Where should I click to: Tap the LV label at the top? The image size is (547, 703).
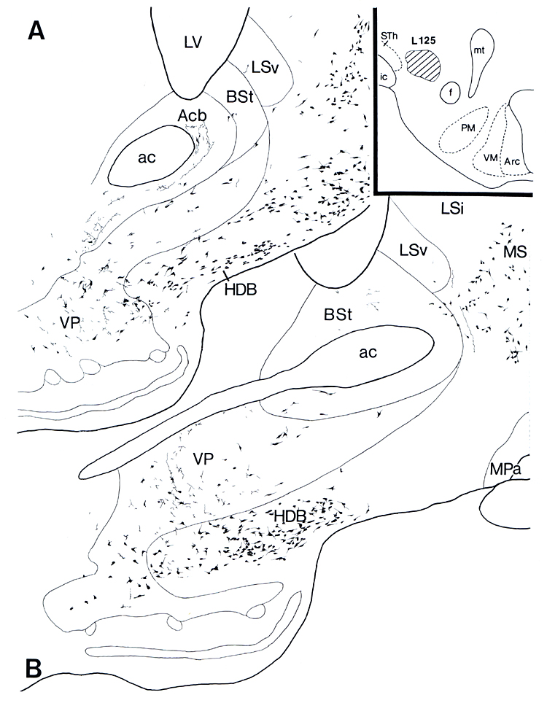coord(193,44)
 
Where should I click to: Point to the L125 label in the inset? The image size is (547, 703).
coord(422,42)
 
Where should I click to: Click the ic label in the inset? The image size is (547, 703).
coord(384,76)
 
